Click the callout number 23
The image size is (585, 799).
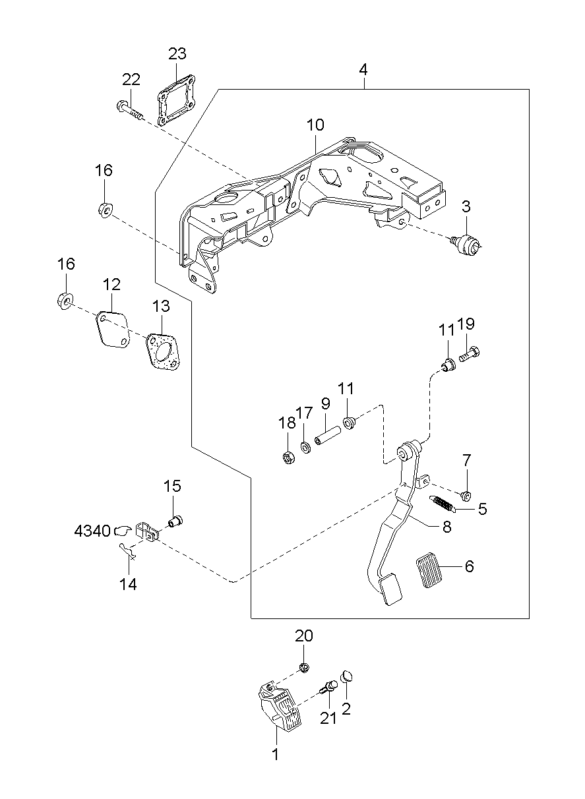pyautogui.click(x=177, y=54)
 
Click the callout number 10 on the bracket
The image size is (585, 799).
pyautogui.click(x=315, y=125)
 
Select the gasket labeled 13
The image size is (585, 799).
pyautogui.click(x=162, y=352)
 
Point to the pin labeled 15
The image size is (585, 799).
pyautogui.click(x=175, y=522)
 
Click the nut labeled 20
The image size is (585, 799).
pyautogui.click(x=304, y=668)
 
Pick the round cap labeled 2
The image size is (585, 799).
pyautogui.click(x=347, y=676)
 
